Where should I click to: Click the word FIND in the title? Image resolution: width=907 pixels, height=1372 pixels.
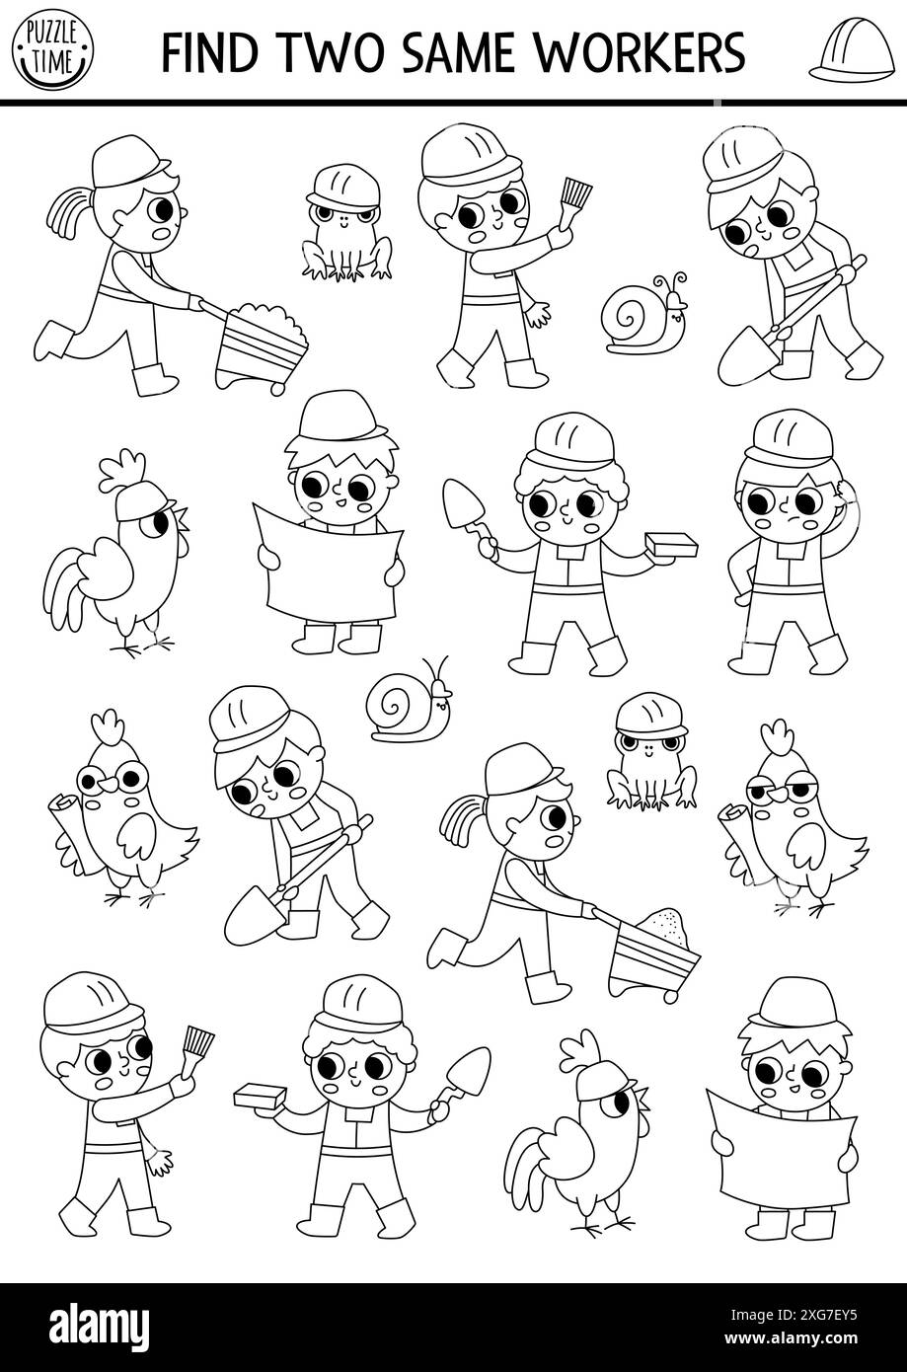(x=209, y=51)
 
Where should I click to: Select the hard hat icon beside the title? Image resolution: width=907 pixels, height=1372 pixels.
(x=852, y=48)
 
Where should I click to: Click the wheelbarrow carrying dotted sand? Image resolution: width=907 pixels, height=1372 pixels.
(x=652, y=954)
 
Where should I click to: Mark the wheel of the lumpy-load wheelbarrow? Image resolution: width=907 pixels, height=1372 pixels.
(x=276, y=387)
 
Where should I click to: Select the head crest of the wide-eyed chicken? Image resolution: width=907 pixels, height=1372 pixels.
(x=109, y=728)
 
